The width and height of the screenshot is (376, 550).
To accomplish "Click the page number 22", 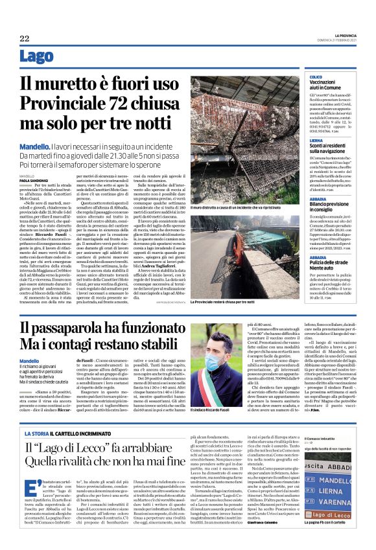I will click(x=24, y=39).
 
